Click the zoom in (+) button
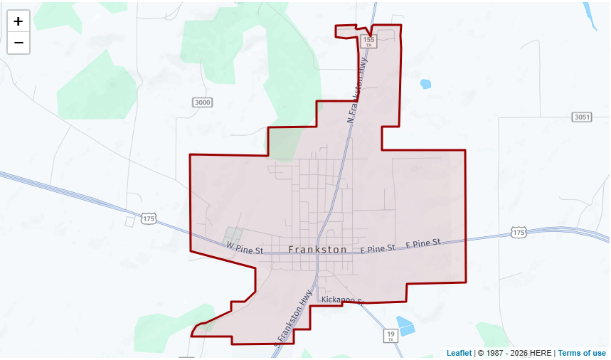[x=18, y=21]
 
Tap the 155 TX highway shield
[x=368, y=42]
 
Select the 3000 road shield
[x=203, y=102]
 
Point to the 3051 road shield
[x=581, y=117]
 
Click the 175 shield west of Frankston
[x=148, y=218]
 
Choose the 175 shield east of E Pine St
[x=519, y=233]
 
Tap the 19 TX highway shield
[x=390, y=335]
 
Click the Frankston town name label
[x=318, y=250]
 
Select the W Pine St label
[x=245, y=249]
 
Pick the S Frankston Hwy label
[x=294, y=317]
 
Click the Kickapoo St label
[x=342, y=300]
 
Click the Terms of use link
[x=582, y=353]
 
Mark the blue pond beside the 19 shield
[x=405, y=325]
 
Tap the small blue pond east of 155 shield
[x=425, y=84]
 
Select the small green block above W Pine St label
[x=233, y=234]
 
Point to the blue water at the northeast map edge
[x=590, y=16]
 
